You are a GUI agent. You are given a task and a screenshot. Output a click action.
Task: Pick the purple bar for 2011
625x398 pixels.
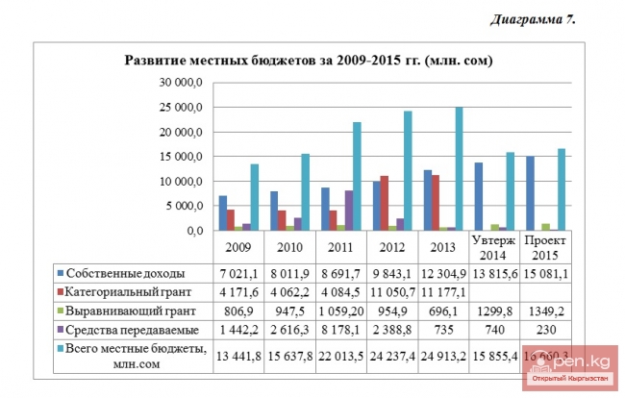348,211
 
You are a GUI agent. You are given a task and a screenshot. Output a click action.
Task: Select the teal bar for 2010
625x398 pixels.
305,192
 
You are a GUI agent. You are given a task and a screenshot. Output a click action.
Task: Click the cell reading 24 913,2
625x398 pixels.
443,357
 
